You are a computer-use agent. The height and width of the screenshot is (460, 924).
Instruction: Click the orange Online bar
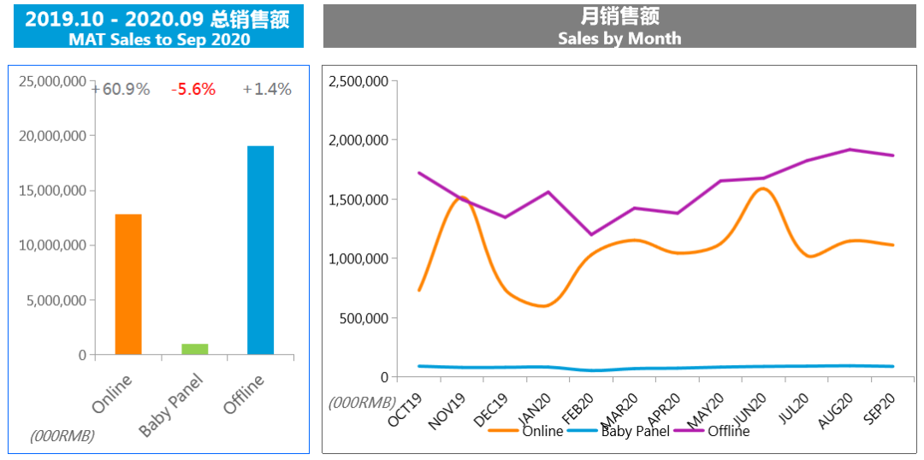pyautogui.click(x=128, y=284)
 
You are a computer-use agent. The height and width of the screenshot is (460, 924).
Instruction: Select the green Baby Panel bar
pyautogui.click(x=194, y=349)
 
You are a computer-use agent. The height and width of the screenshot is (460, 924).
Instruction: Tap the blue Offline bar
pyautogui.click(x=260, y=250)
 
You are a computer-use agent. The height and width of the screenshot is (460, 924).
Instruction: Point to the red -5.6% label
pyautogui.click(x=193, y=89)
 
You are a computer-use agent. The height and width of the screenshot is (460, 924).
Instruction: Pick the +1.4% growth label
pyautogui.click(x=267, y=89)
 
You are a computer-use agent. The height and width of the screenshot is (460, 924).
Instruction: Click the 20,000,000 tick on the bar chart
pyautogui.click(x=52, y=136)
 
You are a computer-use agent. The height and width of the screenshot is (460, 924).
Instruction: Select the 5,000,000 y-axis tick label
pyautogui.click(x=56, y=300)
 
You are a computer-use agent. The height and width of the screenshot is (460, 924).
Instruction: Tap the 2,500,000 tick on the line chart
pyautogui.click(x=358, y=81)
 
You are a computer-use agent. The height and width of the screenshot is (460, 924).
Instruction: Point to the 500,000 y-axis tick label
pyautogui.click(x=364, y=318)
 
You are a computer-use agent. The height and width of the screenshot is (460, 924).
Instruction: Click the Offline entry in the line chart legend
pyautogui.click(x=728, y=431)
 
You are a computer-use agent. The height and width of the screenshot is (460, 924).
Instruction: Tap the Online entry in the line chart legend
pyautogui.click(x=542, y=431)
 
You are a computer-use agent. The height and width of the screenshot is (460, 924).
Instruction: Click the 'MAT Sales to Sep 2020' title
pyautogui.click(x=159, y=39)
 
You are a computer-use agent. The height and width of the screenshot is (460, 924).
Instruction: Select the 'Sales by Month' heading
pyautogui.click(x=619, y=38)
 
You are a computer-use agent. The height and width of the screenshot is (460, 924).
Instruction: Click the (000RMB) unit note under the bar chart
pyautogui.click(x=62, y=436)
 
